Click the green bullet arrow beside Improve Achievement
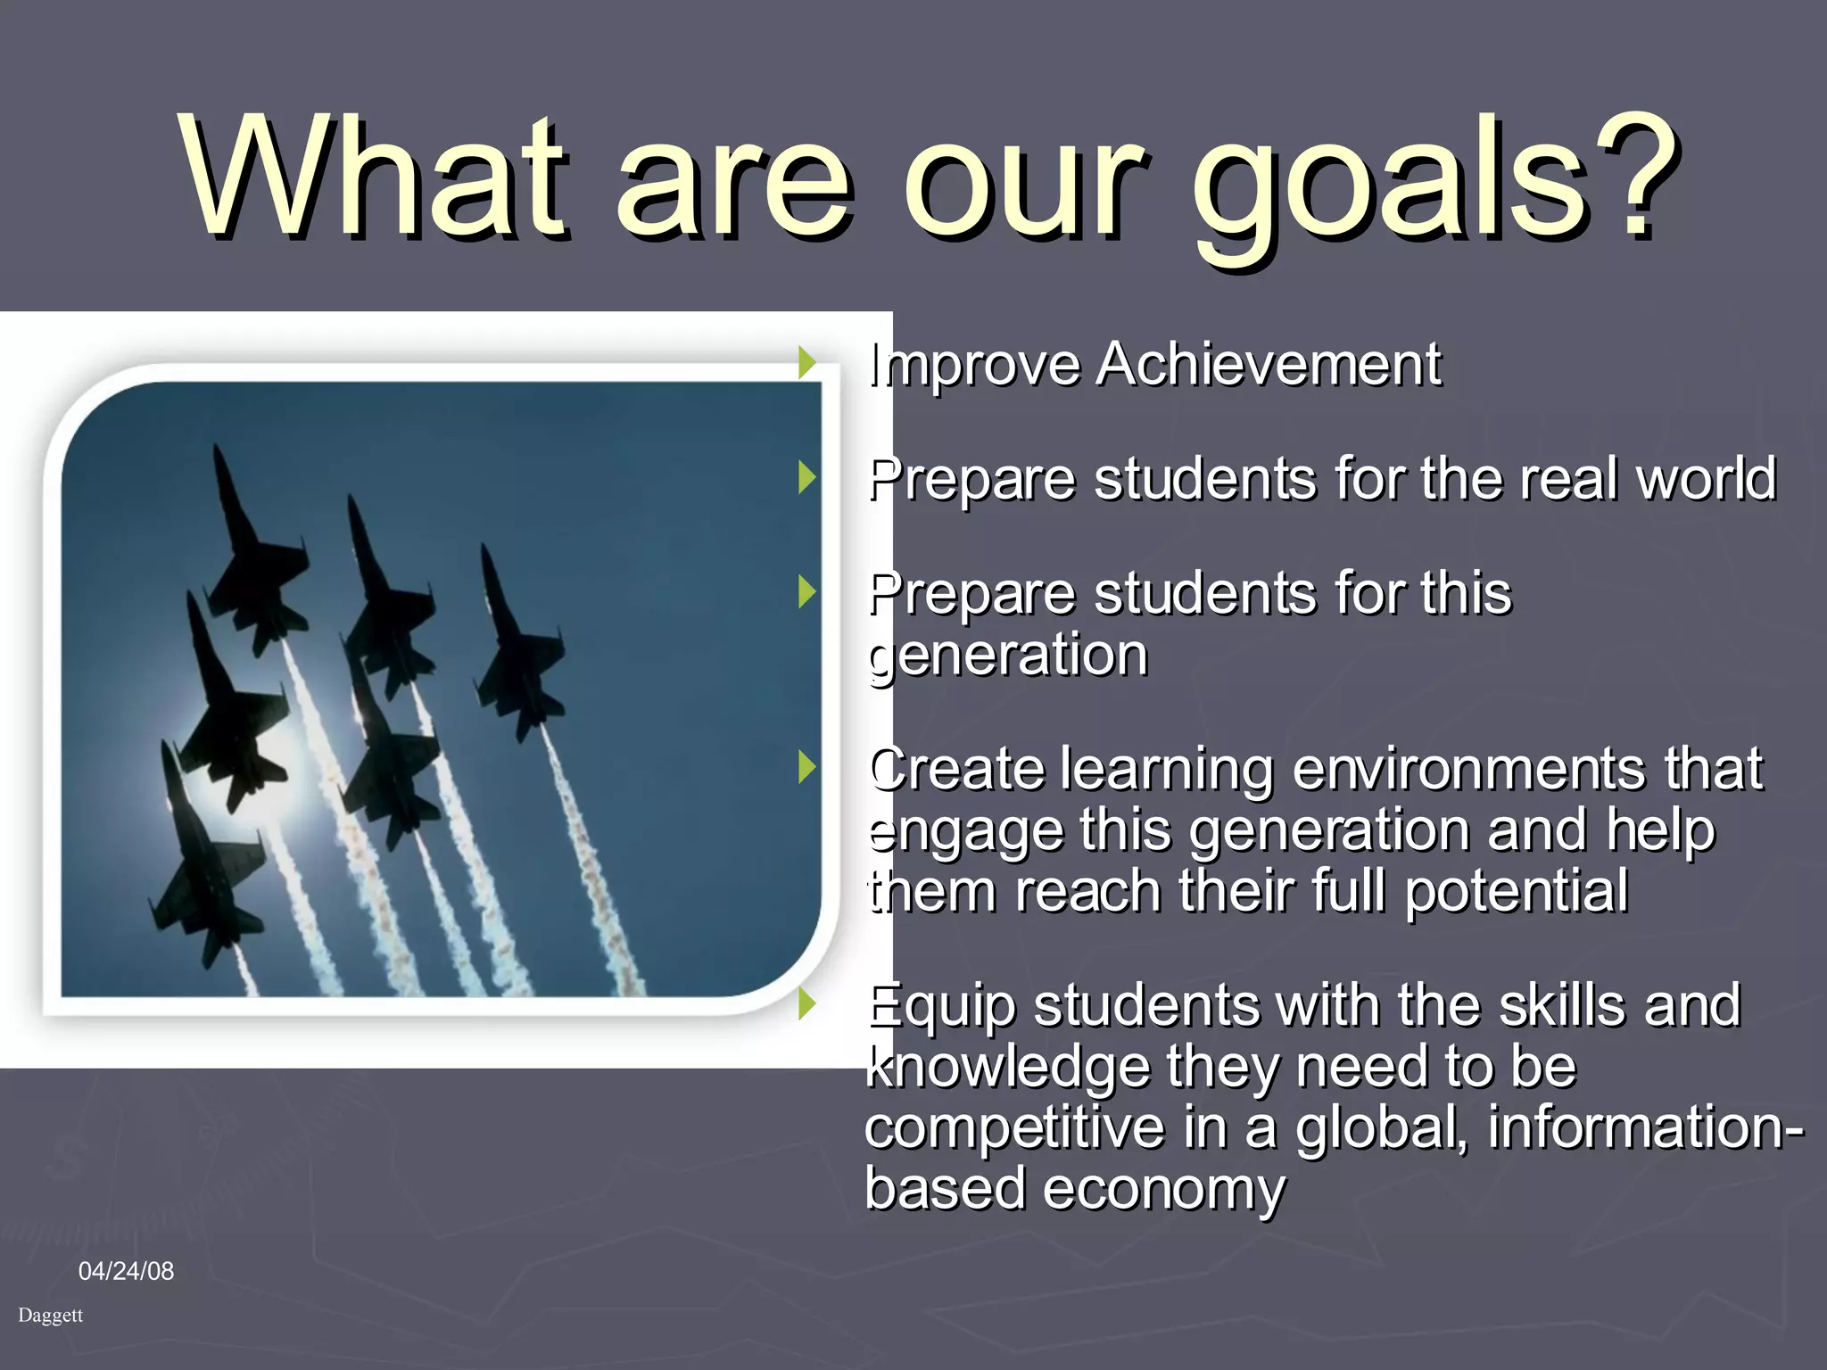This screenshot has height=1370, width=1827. point(807,363)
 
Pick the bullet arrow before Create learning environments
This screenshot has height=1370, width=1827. point(807,767)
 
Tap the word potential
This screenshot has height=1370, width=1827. point(1517,891)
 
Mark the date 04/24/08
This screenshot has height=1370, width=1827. point(126,1271)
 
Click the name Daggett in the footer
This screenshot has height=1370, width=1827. point(50,1316)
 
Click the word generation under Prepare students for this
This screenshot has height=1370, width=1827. point(1008,656)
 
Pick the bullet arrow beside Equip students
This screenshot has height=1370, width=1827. point(807,1004)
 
